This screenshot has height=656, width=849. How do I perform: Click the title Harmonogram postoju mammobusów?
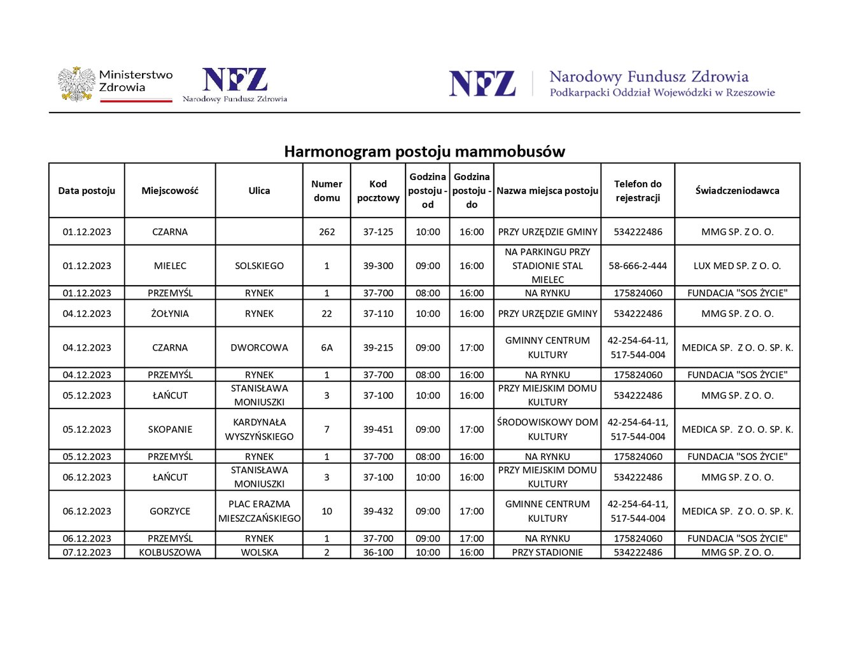click(424, 151)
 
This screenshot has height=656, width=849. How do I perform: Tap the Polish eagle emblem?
click(76, 84)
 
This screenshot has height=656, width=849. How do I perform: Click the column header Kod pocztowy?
click(378, 191)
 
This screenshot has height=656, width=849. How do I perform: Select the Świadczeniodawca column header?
click(737, 191)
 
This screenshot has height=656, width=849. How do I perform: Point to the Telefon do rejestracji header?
click(638, 191)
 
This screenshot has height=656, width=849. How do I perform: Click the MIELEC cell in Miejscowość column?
click(170, 266)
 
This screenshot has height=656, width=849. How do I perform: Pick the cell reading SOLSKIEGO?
click(259, 266)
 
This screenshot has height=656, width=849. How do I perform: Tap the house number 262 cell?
click(326, 232)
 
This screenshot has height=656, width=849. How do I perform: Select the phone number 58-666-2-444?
click(638, 266)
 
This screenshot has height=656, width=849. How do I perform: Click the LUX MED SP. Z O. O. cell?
click(737, 266)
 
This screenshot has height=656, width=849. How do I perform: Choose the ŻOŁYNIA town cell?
click(170, 314)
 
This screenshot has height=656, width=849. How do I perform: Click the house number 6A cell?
click(326, 348)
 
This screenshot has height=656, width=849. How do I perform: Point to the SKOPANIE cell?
click(170, 429)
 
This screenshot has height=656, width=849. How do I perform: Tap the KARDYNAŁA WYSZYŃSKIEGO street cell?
click(259, 429)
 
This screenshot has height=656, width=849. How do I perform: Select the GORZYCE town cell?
click(170, 512)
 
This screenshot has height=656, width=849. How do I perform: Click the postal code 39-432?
click(378, 512)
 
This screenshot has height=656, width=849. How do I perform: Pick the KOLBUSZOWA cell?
click(170, 552)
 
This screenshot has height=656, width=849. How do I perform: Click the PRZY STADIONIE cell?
click(547, 552)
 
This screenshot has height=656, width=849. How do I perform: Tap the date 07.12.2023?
click(87, 552)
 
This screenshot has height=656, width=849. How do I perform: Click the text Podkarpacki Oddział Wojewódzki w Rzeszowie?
click(662, 93)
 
